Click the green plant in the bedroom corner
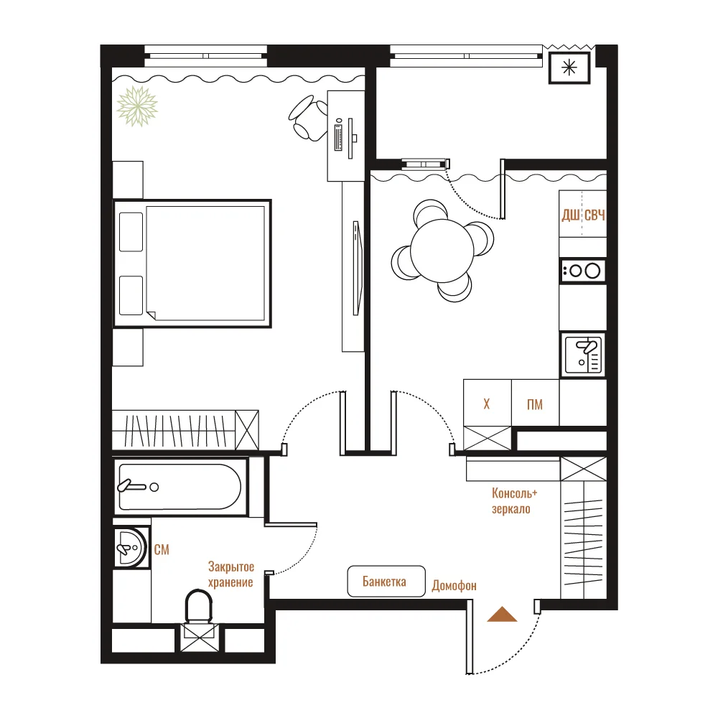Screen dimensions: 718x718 point(137,106)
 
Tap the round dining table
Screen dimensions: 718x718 point(442,251)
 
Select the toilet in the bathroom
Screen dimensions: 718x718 point(199,606)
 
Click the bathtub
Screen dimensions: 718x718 point(180,488)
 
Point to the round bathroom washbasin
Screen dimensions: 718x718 point(130,548)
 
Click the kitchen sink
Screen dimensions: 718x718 point(582,355)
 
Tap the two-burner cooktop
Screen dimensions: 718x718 point(583,271)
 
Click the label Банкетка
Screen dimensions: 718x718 point(384,582)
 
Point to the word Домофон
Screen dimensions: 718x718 point(454,586)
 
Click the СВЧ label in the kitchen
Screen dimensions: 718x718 point(595,215)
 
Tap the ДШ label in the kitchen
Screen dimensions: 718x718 point(571,215)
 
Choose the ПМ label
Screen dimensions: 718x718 point(535,404)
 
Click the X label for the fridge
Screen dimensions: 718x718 point(487,404)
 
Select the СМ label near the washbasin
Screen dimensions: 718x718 point(162,549)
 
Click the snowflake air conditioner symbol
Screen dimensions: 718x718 point(569,67)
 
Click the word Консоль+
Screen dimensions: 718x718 point(514,493)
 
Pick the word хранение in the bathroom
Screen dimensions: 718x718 point(230,582)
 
